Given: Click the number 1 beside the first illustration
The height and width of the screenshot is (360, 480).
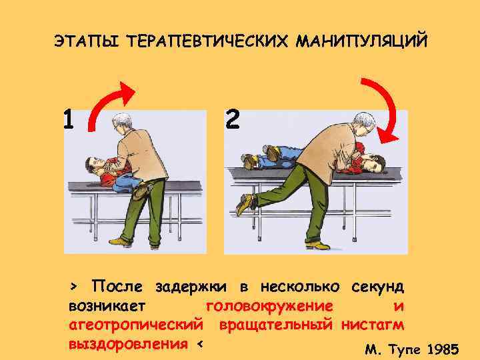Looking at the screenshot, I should (68, 120).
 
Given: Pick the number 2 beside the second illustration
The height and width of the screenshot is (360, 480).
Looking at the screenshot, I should (232, 120).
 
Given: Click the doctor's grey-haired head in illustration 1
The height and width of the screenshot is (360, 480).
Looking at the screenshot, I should (122, 124).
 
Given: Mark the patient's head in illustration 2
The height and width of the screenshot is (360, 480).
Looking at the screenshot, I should (375, 162).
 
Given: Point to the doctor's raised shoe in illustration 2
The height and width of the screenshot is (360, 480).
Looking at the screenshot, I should (245, 202).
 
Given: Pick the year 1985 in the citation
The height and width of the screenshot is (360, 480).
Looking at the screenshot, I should (441, 349).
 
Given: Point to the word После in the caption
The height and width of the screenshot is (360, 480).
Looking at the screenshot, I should (119, 287).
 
